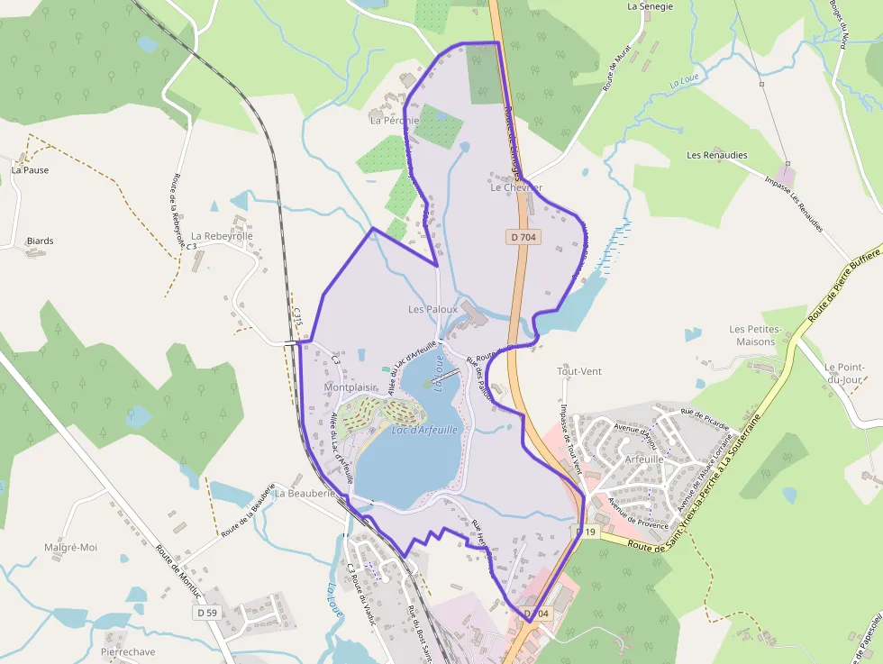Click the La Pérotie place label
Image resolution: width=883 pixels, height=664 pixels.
tap(395, 120)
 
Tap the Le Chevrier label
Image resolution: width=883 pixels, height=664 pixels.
tap(516, 188)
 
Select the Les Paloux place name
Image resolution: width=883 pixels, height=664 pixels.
tap(432, 309)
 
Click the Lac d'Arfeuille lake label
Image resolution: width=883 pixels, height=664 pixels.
tap(425, 431)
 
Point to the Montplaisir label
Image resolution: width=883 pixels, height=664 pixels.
tap(350, 387)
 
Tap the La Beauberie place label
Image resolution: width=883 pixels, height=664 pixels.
tap(305, 494)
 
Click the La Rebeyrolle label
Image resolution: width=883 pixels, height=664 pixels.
tap(222, 236)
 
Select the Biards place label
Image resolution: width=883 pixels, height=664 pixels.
tap(40, 241)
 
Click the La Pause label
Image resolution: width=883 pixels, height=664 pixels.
tap(30, 170)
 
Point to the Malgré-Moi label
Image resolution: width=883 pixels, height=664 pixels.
tap(70, 547)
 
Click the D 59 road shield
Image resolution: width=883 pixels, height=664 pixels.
tap(207, 613)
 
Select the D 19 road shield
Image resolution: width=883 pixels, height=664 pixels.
tap(587, 532)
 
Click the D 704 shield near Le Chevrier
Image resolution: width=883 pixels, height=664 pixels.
tap(523, 237)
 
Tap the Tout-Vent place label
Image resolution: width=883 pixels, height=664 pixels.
tap(579, 371)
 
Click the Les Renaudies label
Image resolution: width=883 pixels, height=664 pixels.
tap(717, 155)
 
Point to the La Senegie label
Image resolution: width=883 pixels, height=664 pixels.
tap(651, 6)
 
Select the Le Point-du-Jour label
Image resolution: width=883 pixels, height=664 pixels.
tap(844, 373)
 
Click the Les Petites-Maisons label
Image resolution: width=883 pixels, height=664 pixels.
tap(755, 335)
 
